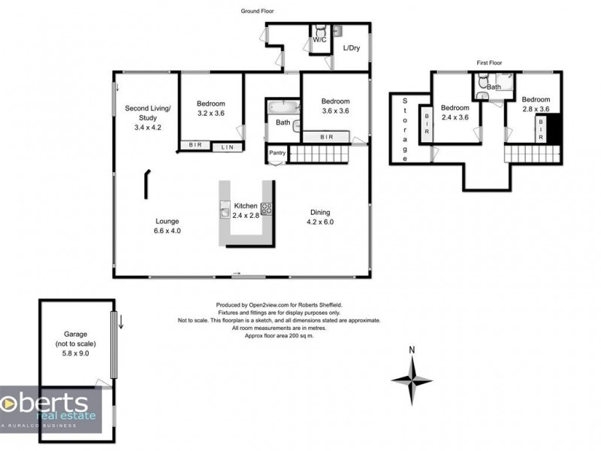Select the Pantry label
[277, 154]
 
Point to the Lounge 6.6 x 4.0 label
[168, 226]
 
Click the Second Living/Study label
[147, 117]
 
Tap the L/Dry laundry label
[351, 49]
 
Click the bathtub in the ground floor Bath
[282, 107]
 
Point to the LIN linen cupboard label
[227, 147]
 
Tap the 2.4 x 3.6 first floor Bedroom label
[455, 112]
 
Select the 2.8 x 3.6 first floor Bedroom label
[536, 104]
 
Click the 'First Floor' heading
[489, 63]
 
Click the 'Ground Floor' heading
[258, 11]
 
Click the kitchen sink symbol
[224, 210]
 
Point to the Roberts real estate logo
[50, 410]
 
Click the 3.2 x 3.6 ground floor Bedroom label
[211, 109]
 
